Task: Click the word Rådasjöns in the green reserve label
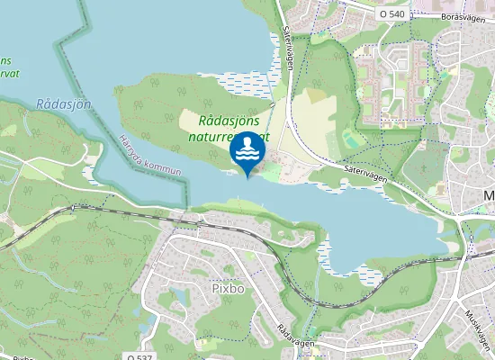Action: point(229,121)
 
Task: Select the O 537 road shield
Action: point(139,356)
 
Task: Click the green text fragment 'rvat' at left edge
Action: point(10,74)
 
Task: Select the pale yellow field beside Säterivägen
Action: point(315,117)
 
